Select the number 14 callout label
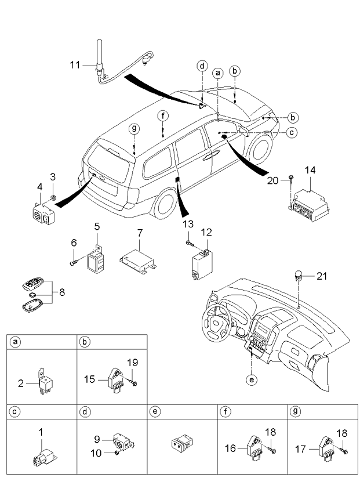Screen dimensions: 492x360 (311, 170)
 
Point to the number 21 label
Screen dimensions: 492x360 (322, 276)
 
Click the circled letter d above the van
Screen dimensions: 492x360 (202, 66)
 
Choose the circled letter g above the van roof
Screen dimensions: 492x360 (134, 128)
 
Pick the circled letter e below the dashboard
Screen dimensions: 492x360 (250, 379)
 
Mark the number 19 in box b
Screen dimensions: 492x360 (133, 363)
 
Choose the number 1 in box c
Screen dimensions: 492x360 (41, 432)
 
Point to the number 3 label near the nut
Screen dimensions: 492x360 (53, 176)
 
